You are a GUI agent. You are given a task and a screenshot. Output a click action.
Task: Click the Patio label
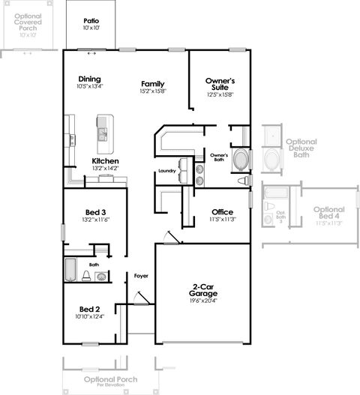point(91,21)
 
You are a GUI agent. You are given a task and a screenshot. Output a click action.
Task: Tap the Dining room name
point(89,79)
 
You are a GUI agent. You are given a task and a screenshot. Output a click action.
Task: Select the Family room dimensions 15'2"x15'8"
point(152,91)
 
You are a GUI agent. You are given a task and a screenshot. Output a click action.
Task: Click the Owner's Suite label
point(220,84)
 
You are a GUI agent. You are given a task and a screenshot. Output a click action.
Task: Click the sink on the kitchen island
point(101,134)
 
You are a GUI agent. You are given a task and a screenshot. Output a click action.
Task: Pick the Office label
point(222,211)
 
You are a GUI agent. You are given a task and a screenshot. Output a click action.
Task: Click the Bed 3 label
point(94,211)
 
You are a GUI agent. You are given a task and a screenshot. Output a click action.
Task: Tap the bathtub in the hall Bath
point(70,269)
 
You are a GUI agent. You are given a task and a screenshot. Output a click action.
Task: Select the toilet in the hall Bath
point(87,277)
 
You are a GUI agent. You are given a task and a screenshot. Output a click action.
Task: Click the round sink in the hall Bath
point(101,276)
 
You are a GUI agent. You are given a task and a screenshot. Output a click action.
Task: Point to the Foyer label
point(141,276)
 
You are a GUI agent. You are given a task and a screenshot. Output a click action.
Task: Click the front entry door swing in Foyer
point(139,299)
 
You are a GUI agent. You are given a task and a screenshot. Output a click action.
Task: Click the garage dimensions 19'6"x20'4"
point(202,301)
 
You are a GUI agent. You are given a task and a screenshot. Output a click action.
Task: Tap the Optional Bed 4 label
point(328,213)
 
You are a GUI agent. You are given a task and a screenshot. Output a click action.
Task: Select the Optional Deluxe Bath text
point(301,148)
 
